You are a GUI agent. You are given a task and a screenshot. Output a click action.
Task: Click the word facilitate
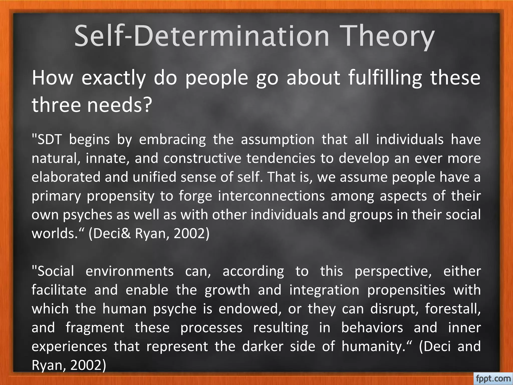(59, 290)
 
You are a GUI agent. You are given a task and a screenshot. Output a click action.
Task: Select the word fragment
(95, 328)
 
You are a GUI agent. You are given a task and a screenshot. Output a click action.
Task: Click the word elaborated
(66, 177)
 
